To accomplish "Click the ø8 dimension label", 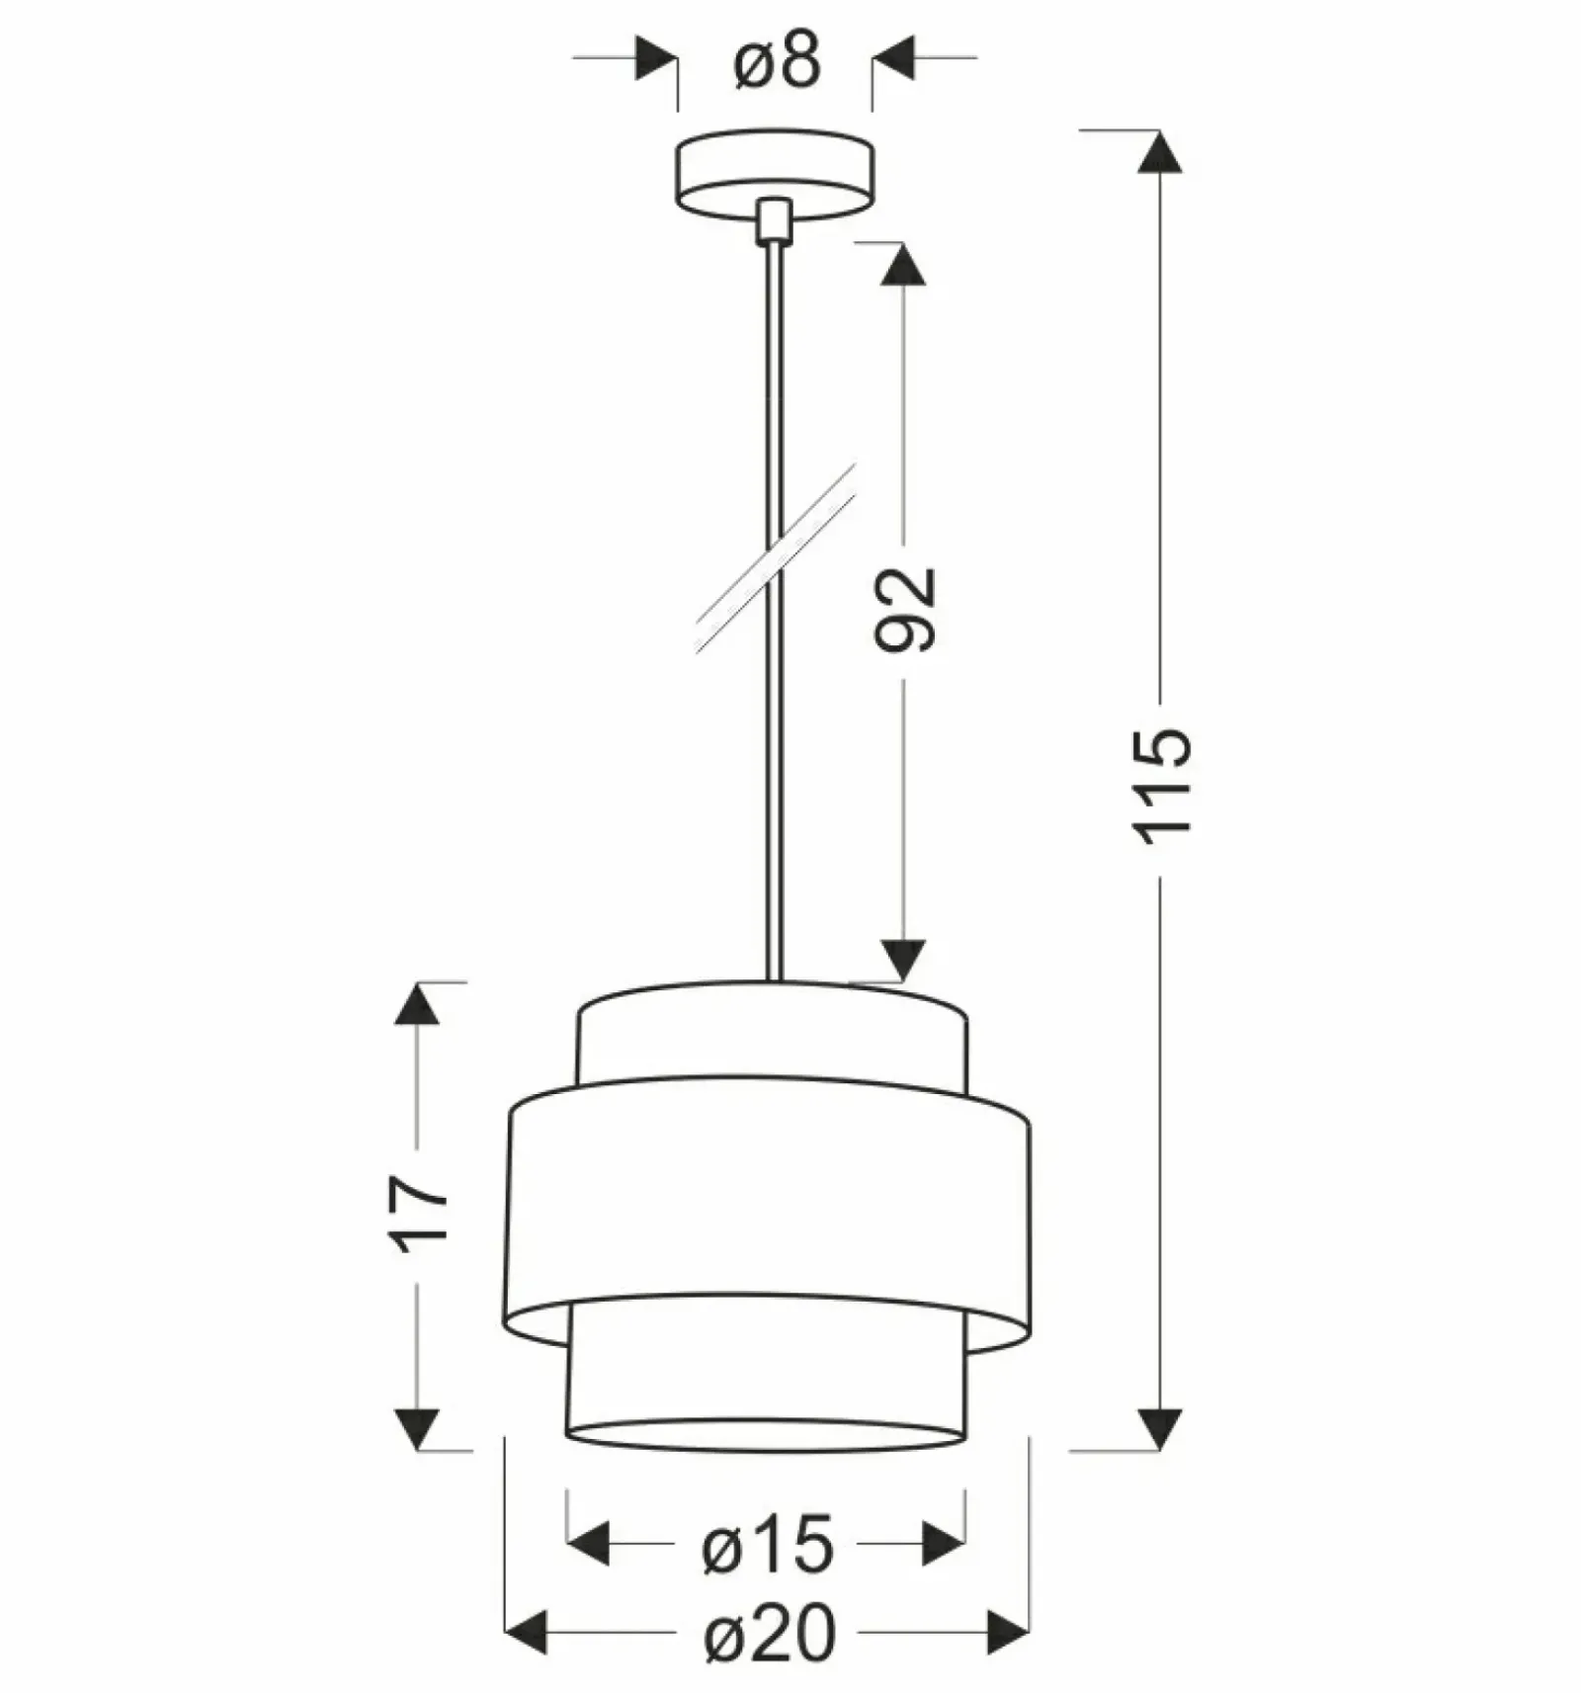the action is [777, 62].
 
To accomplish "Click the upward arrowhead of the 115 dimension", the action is [1160, 151].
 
